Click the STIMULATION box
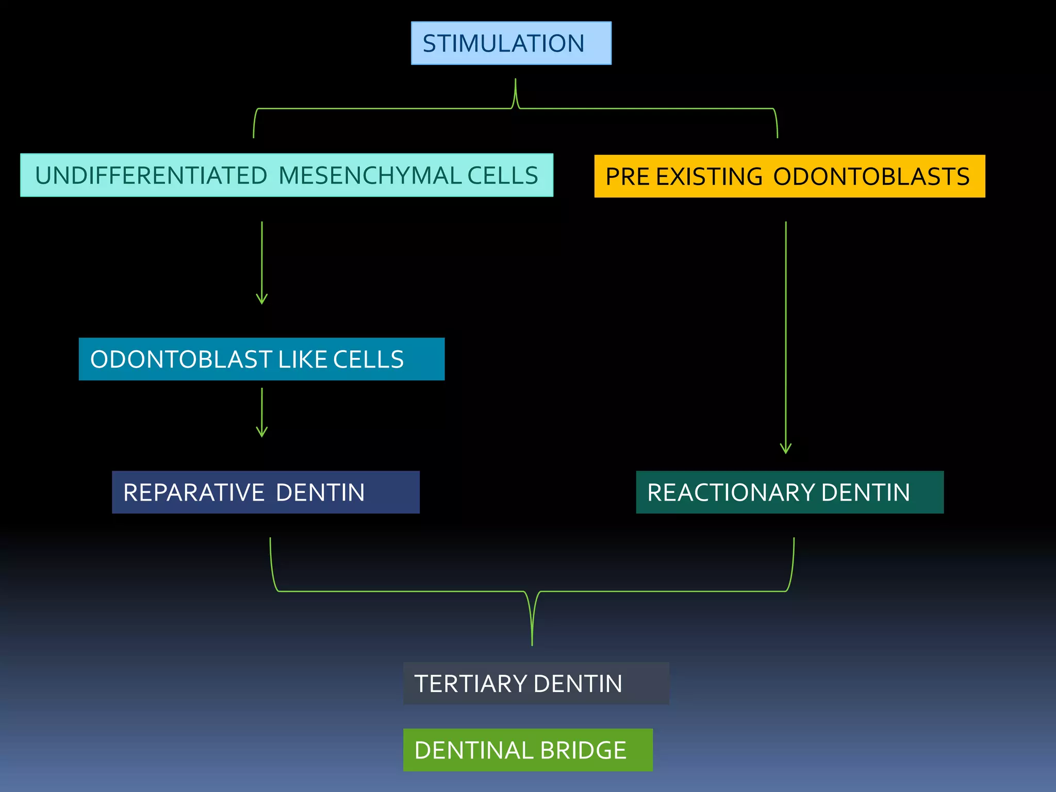[510, 43]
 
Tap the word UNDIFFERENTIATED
[151, 175]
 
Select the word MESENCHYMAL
[370, 175]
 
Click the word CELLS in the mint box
[502, 175]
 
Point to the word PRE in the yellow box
[627, 177]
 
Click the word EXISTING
[709, 177]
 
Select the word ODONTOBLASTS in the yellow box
[871, 177]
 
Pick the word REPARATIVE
[193, 492]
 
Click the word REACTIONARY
[731, 492]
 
